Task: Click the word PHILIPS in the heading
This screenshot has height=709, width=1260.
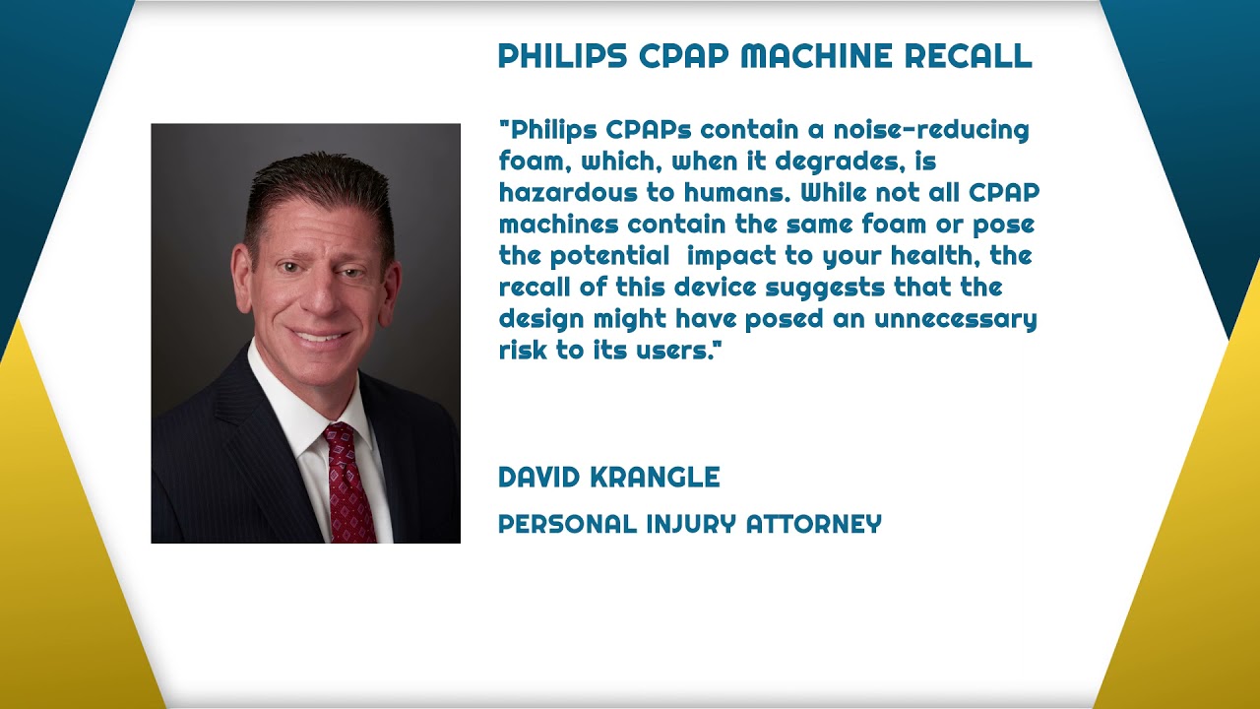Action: coord(562,56)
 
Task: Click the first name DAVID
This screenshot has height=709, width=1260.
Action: coord(539,478)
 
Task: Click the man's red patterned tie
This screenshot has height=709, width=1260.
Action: coord(348,483)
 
